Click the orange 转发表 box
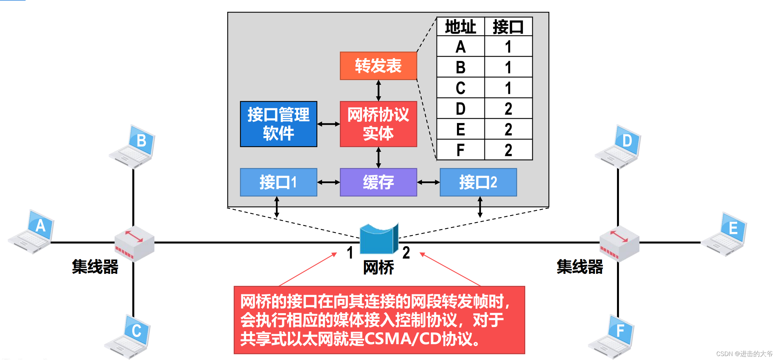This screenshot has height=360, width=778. [378, 66]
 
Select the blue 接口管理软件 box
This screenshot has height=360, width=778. [278, 124]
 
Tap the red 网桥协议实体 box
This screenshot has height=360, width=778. [378, 124]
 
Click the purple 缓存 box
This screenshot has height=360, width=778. [378, 182]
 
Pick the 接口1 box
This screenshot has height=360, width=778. [278, 182]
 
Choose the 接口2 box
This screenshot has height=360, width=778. [478, 182]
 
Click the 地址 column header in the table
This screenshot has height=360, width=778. [460, 27]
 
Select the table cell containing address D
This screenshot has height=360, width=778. [460, 109]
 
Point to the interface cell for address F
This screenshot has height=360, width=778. [508, 150]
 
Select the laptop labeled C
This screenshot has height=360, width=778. [128, 337]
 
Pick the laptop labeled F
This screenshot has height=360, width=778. [612, 337]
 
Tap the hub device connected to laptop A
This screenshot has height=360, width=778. [134, 244]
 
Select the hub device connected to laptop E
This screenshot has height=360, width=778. [619, 244]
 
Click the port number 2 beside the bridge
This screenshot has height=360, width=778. [406, 253]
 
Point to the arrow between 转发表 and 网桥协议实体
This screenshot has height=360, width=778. [378, 90]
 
